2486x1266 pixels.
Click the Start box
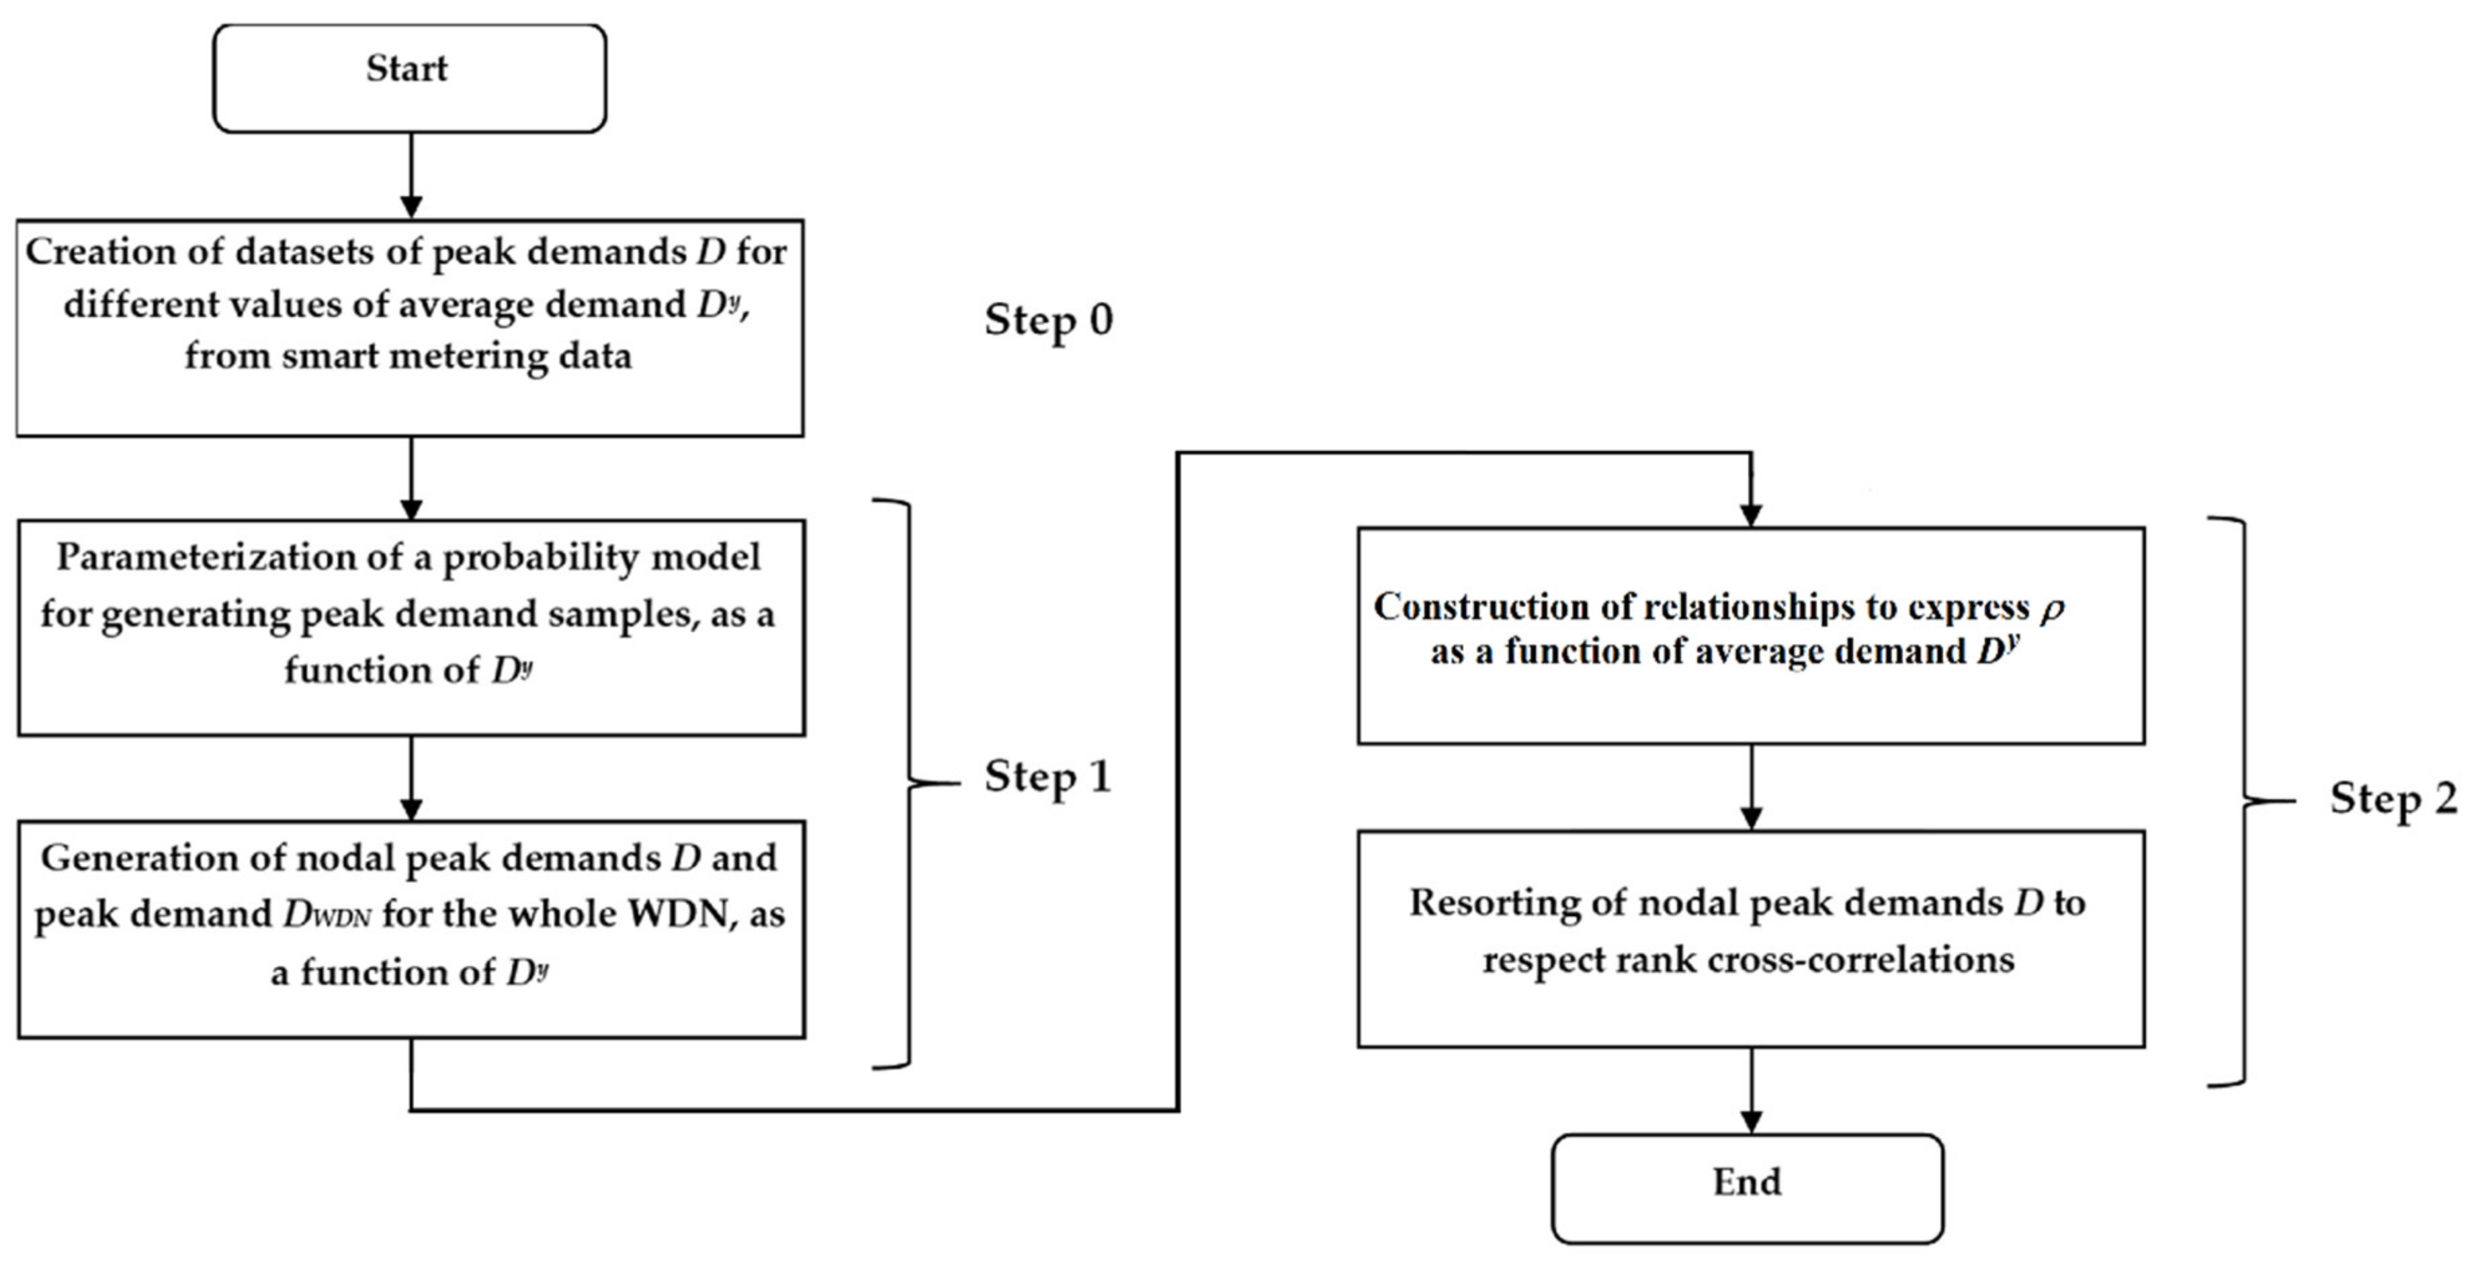[x=409, y=77]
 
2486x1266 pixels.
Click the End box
[x=1747, y=1188]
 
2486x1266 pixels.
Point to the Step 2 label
[x=2393, y=799]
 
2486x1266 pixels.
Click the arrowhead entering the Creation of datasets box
[x=411, y=206]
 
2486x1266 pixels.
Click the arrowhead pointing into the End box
[x=1751, y=1122]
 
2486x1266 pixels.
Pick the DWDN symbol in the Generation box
[x=326, y=915]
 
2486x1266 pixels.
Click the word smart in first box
[x=336, y=356]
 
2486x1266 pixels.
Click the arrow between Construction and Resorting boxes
[x=1751, y=786]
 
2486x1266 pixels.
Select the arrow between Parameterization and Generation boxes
[x=411, y=777]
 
